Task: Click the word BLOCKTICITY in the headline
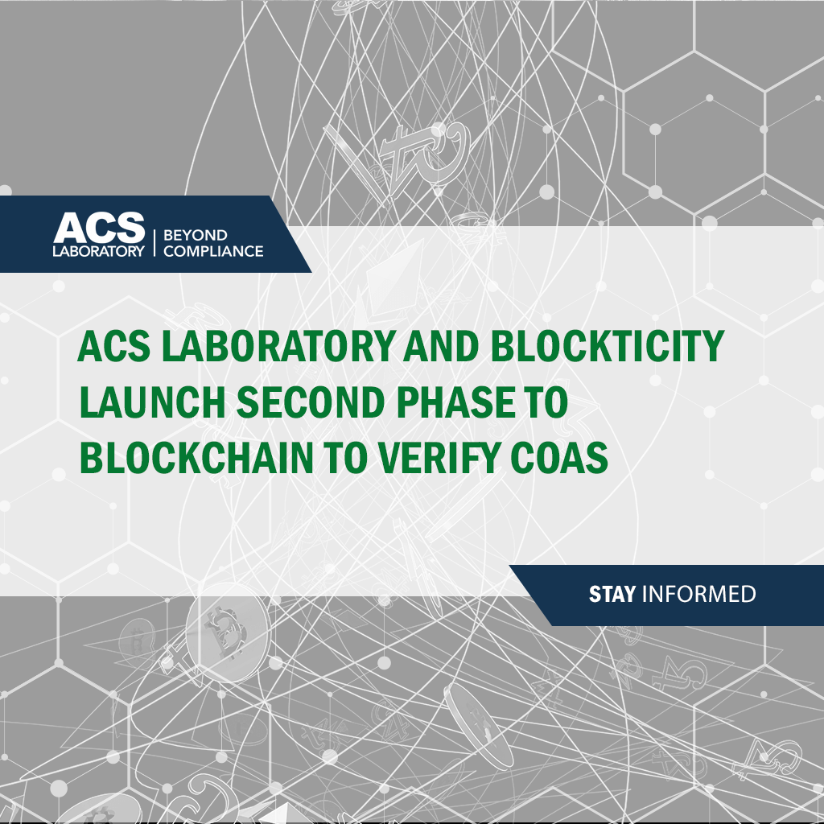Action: (x=608, y=346)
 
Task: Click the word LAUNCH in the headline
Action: (x=152, y=402)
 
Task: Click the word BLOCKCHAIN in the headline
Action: (x=196, y=458)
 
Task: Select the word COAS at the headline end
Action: (x=559, y=458)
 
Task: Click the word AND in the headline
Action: (x=442, y=346)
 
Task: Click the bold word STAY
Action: (x=612, y=595)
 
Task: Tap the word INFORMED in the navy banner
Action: (x=699, y=595)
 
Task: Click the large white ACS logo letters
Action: (x=99, y=228)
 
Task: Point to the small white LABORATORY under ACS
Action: (x=98, y=251)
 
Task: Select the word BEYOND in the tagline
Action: (x=196, y=235)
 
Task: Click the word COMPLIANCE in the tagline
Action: (x=213, y=251)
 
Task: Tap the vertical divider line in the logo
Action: (x=154, y=243)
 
